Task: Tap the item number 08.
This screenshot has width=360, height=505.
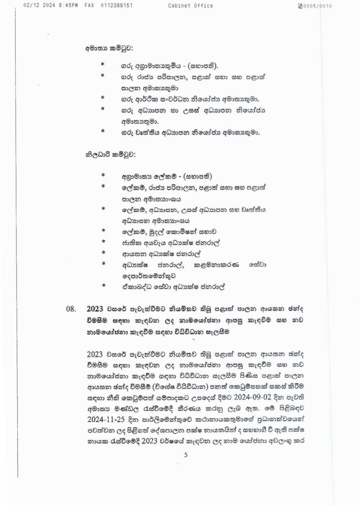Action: point(72,310)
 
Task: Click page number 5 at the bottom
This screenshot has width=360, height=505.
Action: point(186,455)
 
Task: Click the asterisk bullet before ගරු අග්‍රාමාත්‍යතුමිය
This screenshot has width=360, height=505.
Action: point(103,64)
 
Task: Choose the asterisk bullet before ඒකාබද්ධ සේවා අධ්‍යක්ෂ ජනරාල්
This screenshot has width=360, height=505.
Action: point(103,286)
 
